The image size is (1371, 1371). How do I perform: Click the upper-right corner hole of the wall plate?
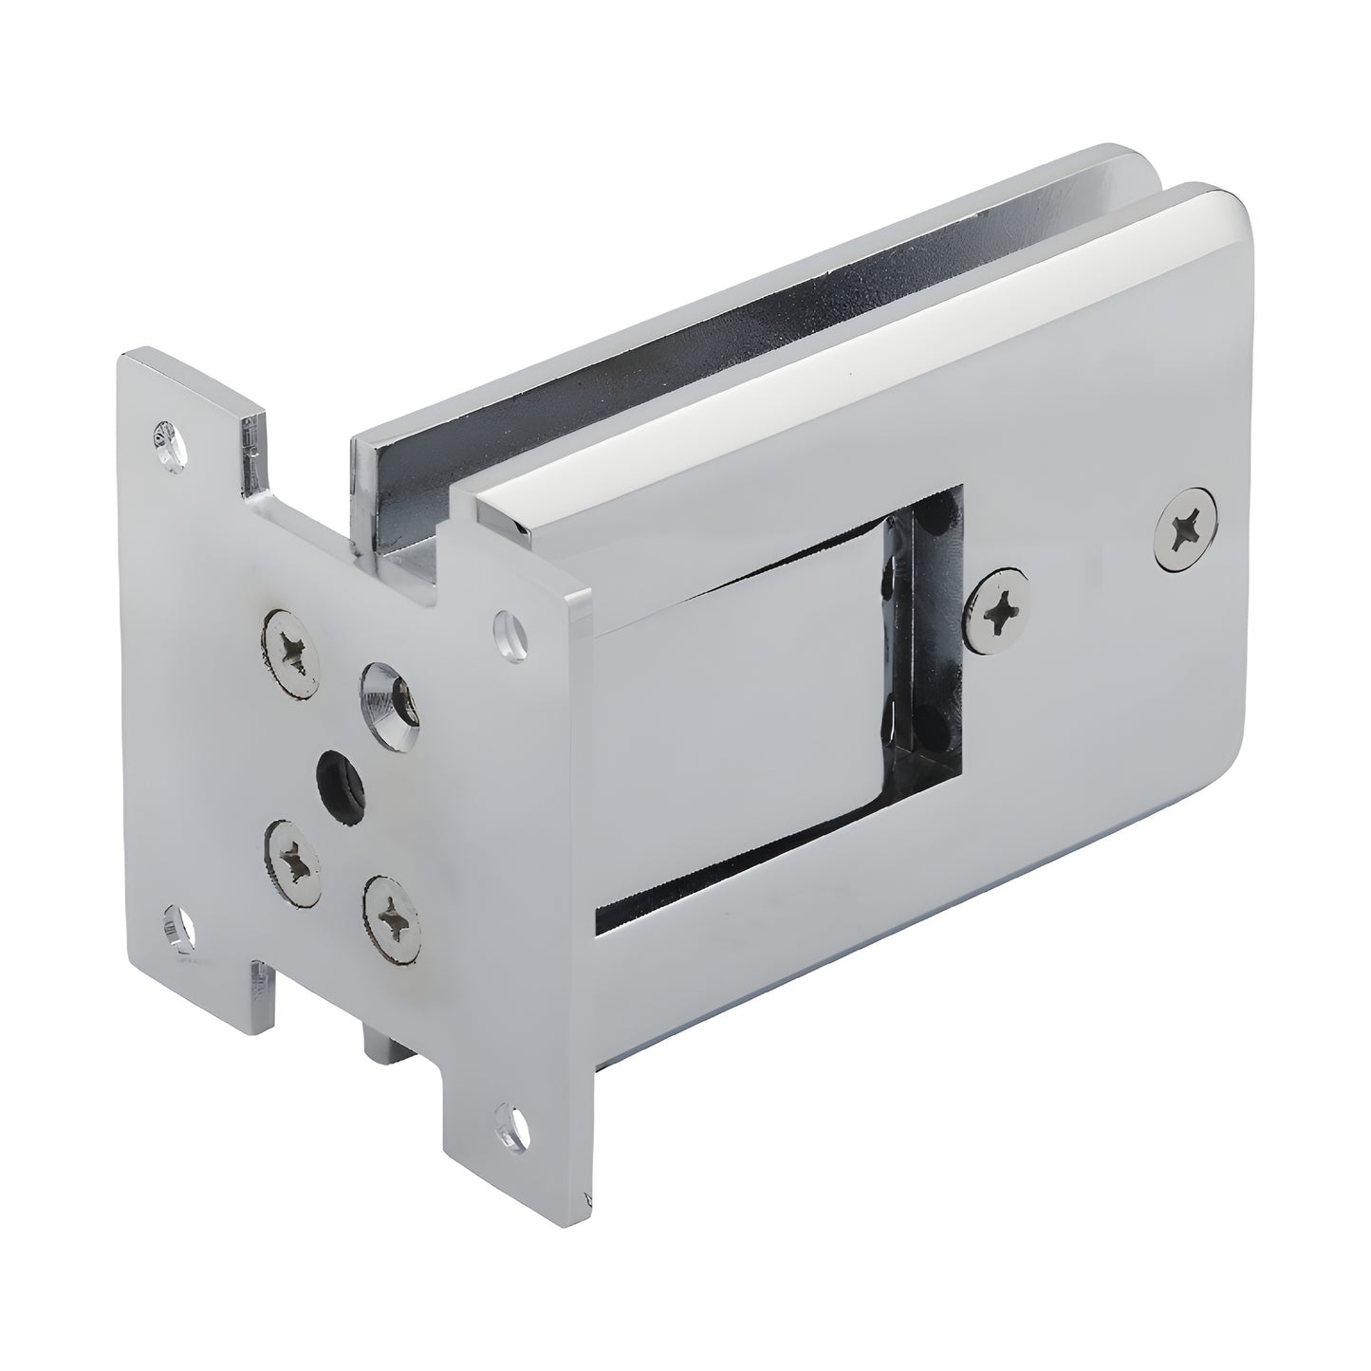tap(512, 628)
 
